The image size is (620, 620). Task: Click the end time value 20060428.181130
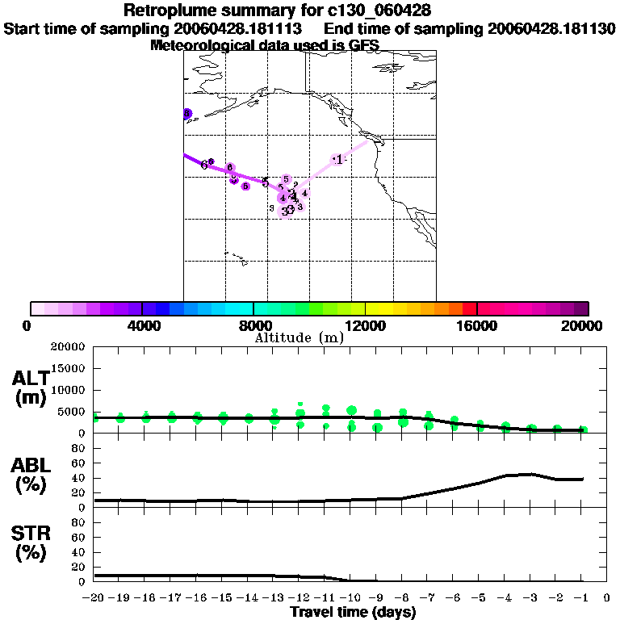[x=551, y=28]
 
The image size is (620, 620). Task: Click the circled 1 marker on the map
[x=338, y=160]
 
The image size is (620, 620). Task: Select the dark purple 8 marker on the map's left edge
[x=186, y=114]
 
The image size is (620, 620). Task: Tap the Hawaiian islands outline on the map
[x=236, y=259]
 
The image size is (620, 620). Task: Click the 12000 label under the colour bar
[x=366, y=325]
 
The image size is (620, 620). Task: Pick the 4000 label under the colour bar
[x=141, y=325]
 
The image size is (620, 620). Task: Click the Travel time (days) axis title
[x=353, y=613]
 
